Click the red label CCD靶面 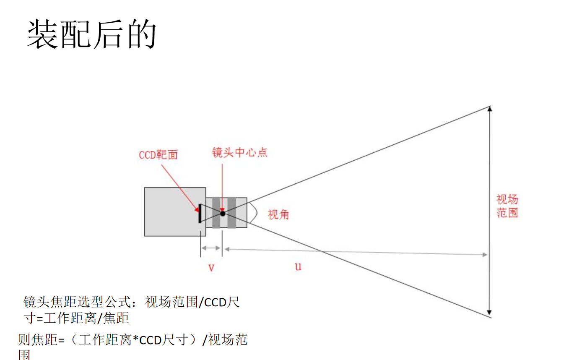pos(158,155)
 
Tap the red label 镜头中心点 pos(239,152)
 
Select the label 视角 pos(278,215)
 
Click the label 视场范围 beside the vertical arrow pos(507,206)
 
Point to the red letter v pos(211,267)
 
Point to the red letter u pos(298,266)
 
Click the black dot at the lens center pos(223,213)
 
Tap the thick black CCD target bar pos(200,214)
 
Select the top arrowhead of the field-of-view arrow pos(489,109)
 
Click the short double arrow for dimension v pos(211,248)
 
